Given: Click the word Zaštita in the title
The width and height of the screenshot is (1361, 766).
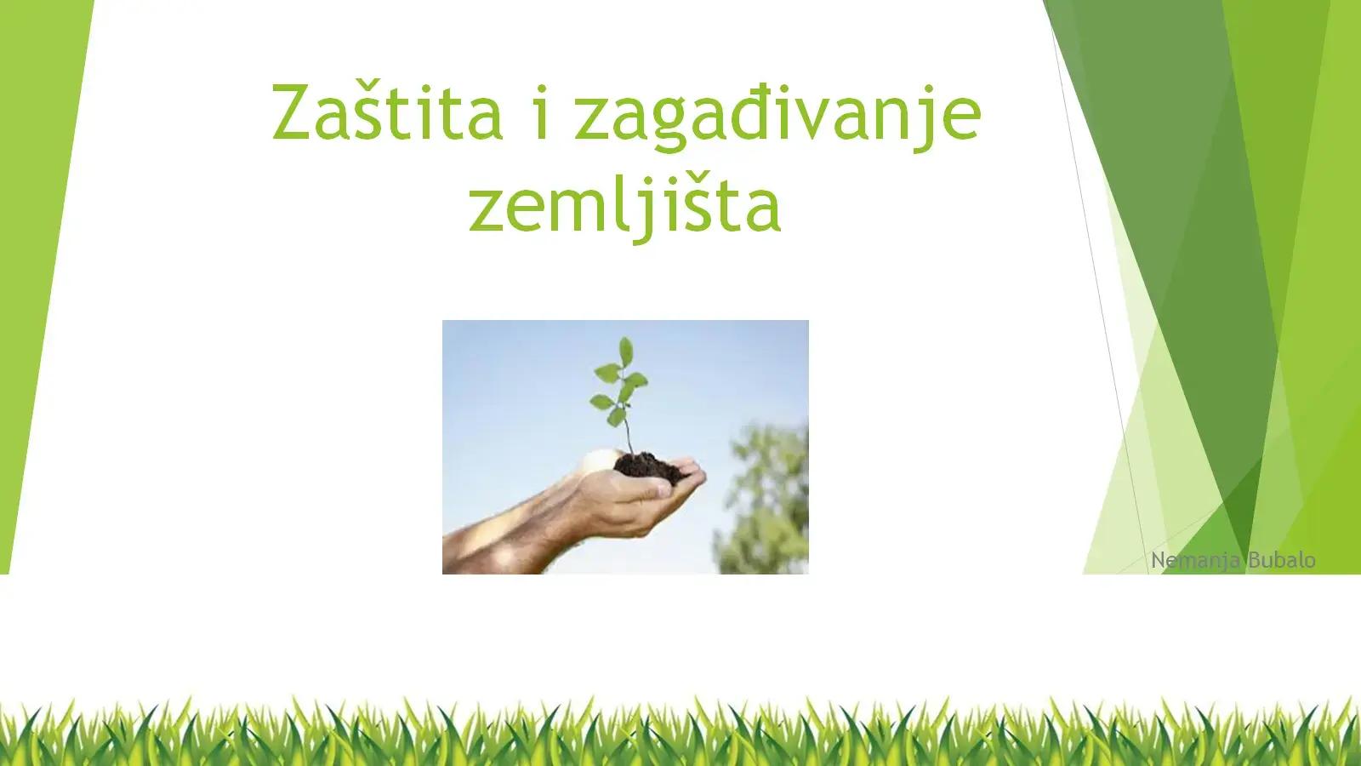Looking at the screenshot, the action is click(387, 111).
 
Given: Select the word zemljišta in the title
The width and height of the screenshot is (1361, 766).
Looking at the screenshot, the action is click(624, 205).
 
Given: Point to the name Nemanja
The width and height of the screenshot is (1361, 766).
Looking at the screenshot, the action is click(1196, 560).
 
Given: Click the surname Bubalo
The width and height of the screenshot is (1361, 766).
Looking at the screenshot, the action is click(1282, 559).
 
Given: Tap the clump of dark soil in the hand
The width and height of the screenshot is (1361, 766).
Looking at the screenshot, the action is click(647, 467).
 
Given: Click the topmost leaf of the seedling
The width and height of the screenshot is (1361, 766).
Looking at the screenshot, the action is click(626, 352).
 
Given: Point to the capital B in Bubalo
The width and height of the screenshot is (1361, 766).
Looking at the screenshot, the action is click(1255, 560).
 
